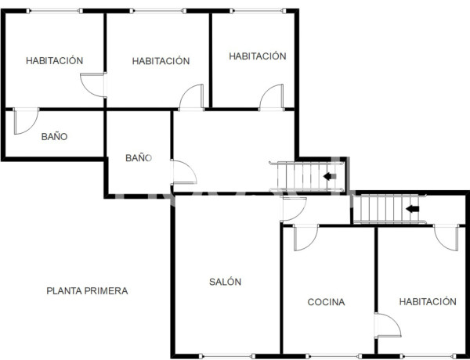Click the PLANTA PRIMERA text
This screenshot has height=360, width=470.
tap(87, 291)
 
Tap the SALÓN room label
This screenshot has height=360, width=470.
tap(225, 282)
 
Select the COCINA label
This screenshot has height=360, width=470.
tap(326, 302)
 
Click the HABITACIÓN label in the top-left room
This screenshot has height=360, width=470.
tap(54, 60)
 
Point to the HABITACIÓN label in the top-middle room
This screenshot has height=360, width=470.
tap(161, 60)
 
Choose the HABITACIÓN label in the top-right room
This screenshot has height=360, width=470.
tap(257, 56)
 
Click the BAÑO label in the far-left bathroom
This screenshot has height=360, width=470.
tap(54, 136)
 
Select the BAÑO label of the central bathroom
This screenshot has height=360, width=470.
tap(138, 158)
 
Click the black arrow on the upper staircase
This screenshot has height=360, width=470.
tap(331, 176)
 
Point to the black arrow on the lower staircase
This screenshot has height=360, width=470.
tap(412, 209)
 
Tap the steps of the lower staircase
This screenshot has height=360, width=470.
tap(381, 209)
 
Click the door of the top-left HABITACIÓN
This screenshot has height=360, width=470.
tap(94, 85)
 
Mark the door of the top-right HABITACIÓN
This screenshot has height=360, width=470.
tap(273, 97)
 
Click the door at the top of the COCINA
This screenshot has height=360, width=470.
tap(305, 238)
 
